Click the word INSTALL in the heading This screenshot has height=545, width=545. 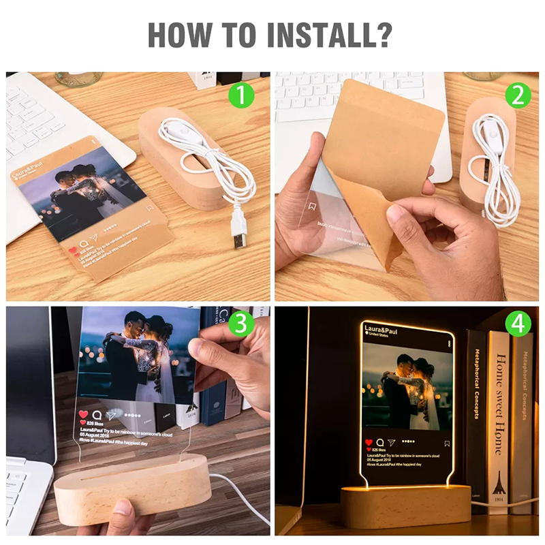click(x=318, y=35)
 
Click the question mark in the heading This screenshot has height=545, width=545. click(x=385, y=35)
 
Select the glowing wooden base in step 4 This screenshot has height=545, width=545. click(x=407, y=505)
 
